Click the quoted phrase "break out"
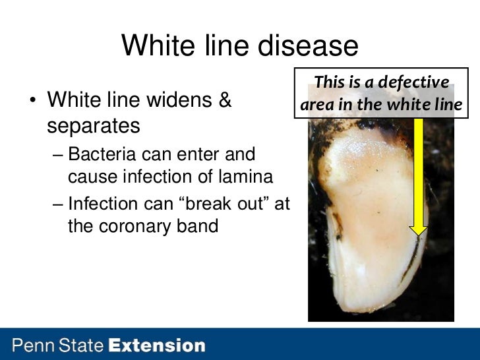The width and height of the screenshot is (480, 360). click(222, 204)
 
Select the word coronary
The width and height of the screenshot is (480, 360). click(136, 225)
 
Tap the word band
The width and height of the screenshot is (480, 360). click(196, 225)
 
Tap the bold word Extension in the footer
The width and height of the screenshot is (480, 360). click(157, 345)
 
